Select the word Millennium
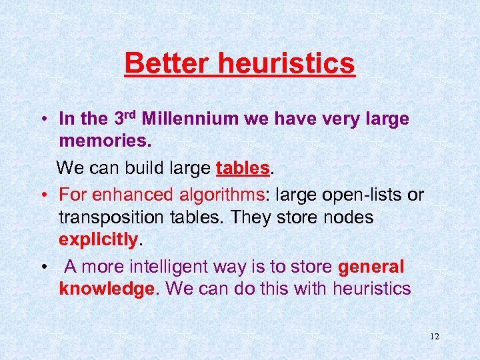(x=189, y=119)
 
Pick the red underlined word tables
(x=243, y=168)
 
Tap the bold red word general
(x=371, y=267)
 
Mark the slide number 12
(x=434, y=337)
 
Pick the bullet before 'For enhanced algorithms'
(x=42, y=195)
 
